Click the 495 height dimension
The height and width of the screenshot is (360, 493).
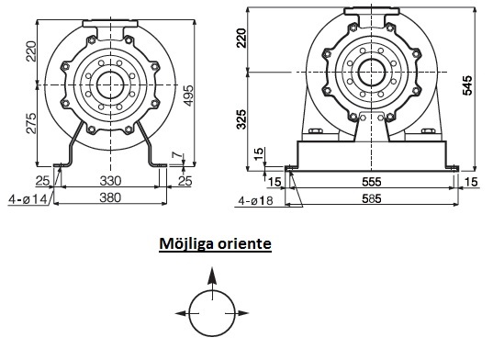(188, 96)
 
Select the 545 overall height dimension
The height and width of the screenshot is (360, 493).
(467, 84)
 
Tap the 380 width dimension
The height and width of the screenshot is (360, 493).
(110, 197)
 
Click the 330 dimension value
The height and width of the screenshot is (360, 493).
(110, 181)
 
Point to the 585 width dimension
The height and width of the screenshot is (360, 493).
(371, 198)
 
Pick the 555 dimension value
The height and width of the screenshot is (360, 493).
(371, 182)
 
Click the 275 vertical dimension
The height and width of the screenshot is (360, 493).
(31, 123)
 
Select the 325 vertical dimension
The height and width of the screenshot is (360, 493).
(241, 119)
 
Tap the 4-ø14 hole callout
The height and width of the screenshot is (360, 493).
(28, 199)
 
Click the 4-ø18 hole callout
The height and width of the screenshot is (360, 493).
(255, 200)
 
